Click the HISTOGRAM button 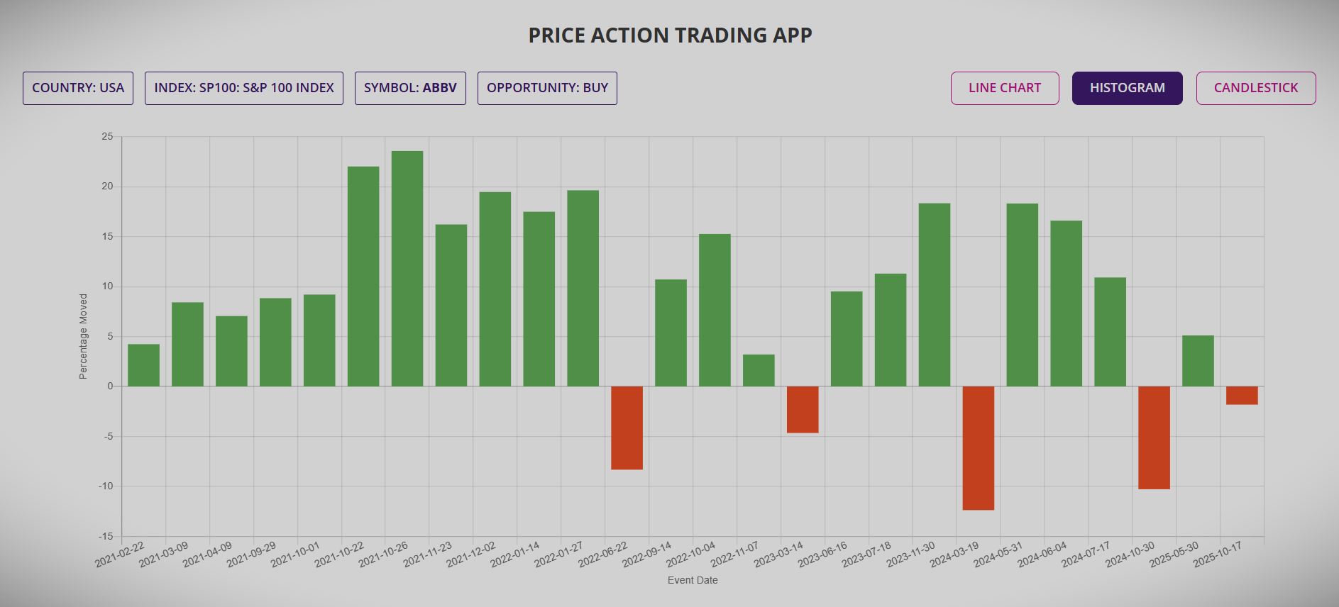click(x=1127, y=88)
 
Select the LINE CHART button click(x=1005, y=88)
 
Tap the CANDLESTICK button click(x=1255, y=88)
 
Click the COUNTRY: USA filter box click(x=78, y=88)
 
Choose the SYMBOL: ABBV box click(x=410, y=88)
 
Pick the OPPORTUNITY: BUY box click(x=547, y=88)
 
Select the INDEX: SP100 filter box click(x=244, y=88)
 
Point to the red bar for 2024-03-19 click(x=978, y=447)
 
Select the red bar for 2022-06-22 click(x=627, y=428)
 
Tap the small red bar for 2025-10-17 click(x=1242, y=395)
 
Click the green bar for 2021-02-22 click(x=143, y=364)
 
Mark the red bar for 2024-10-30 click(x=1154, y=438)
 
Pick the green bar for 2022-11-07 click(x=759, y=370)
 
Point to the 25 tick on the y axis click(x=107, y=136)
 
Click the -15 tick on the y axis click(x=106, y=536)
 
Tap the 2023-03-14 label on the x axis click(x=779, y=555)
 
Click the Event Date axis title click(x=693, y=580)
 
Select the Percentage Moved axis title click(x=83, y=336)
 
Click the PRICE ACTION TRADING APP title click(x=670, y=35)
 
